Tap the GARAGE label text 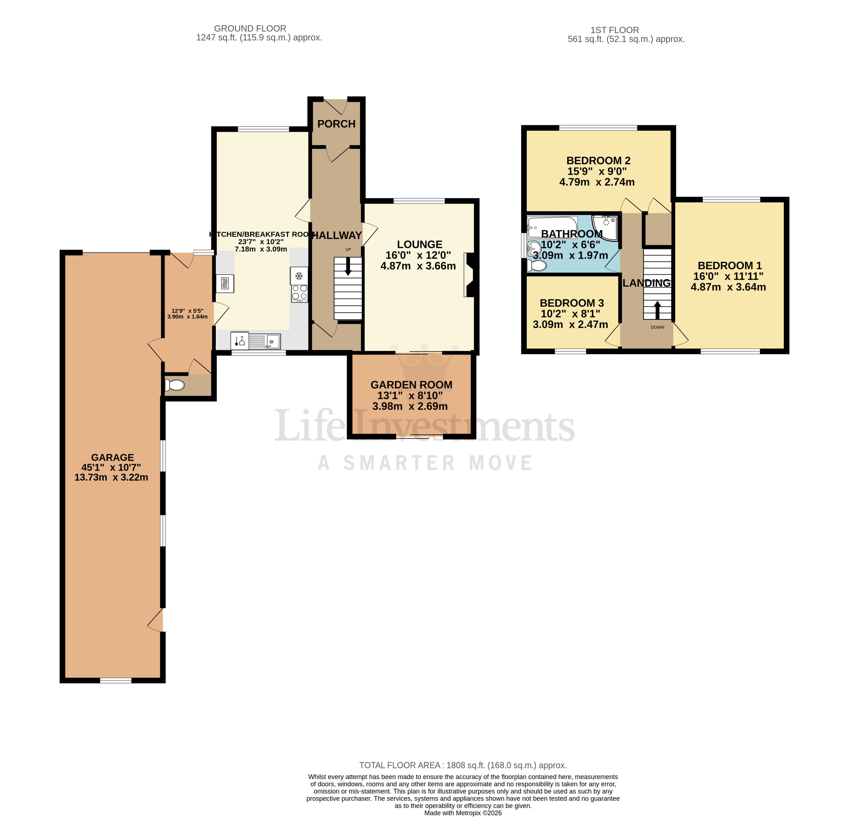tap(112, 458)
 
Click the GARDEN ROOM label tap(411, 385)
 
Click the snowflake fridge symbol tap(298, 276)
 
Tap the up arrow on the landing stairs tap(657, 309)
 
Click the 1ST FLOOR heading tap(614, 30)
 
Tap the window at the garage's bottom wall tap(116, 680)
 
